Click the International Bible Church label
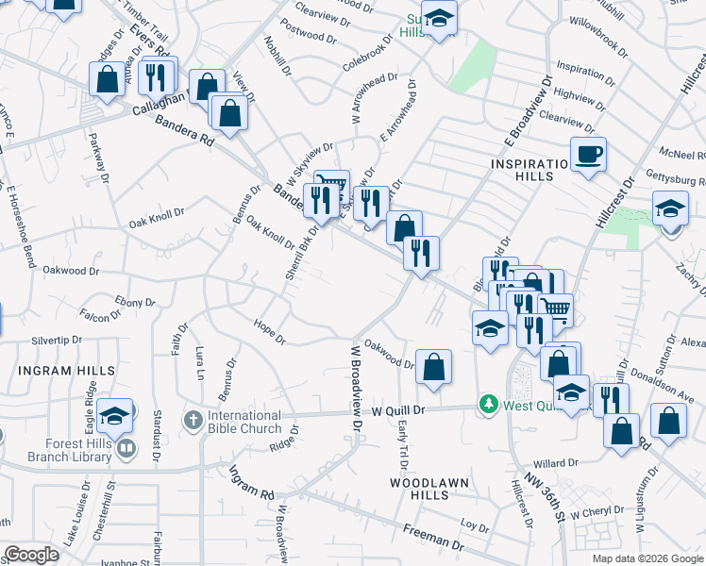[x=244, y=422]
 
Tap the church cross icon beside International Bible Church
[x=192, y=418]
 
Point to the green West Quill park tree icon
[x=488, y=404]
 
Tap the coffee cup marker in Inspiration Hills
[x=588, y=154]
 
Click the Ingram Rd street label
[x=250, y=485]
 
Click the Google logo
[x=31, y=555]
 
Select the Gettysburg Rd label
[x=676, y=179]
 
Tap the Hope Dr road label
[x=269, y=331]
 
